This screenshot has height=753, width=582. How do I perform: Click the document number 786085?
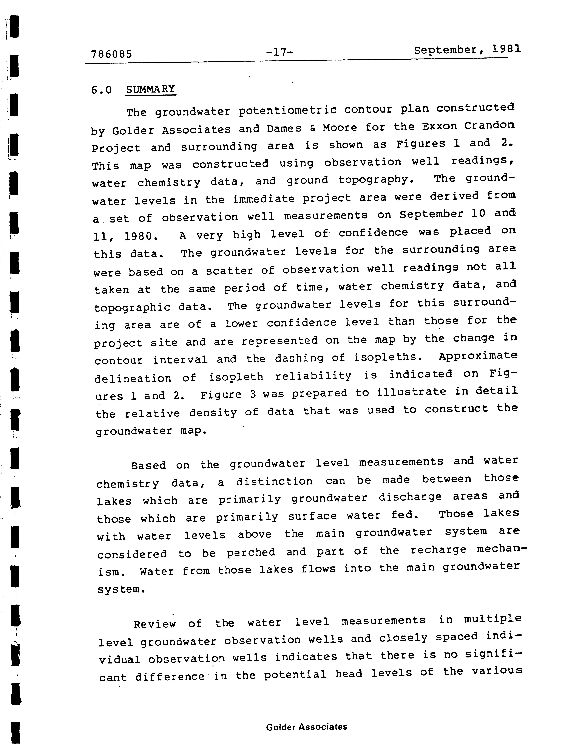click(x=111, y=54)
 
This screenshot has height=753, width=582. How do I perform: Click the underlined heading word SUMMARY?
click(x=151, y=89)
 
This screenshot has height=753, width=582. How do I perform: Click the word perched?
click(x=251, y=552)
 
